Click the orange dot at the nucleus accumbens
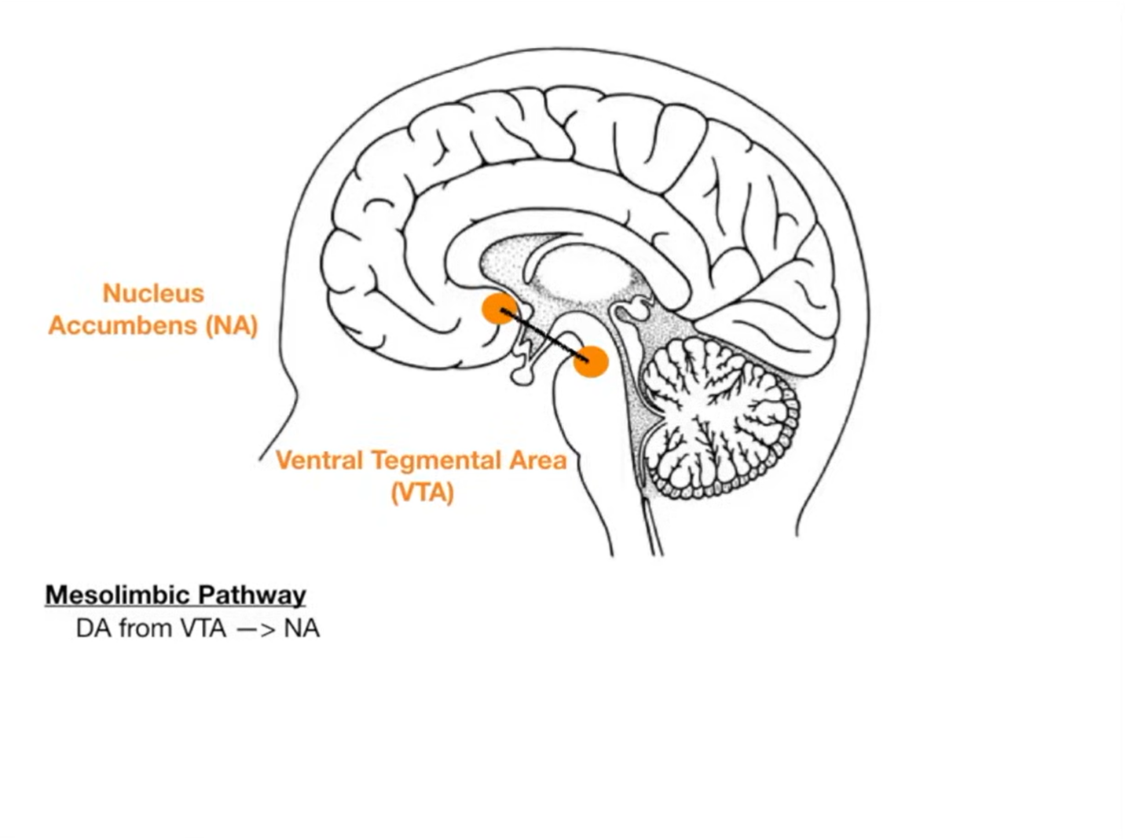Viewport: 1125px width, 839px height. click(500, 308)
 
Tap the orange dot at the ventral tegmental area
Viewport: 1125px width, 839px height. click(590, 361)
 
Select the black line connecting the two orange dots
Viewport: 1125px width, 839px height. click(544, 335)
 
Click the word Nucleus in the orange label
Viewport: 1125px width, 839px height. click(153, 293)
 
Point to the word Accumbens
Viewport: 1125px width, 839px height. click(123, 325)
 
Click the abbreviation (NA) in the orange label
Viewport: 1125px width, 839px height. click(232, 325)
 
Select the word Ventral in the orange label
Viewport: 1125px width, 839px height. click(320, 460)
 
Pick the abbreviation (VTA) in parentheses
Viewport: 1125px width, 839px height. click(423, 493)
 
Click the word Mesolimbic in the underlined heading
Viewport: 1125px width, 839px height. click(117, 595)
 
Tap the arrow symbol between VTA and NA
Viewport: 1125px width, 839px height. click(255, 629)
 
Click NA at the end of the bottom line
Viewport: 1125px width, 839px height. click(302, 628)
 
